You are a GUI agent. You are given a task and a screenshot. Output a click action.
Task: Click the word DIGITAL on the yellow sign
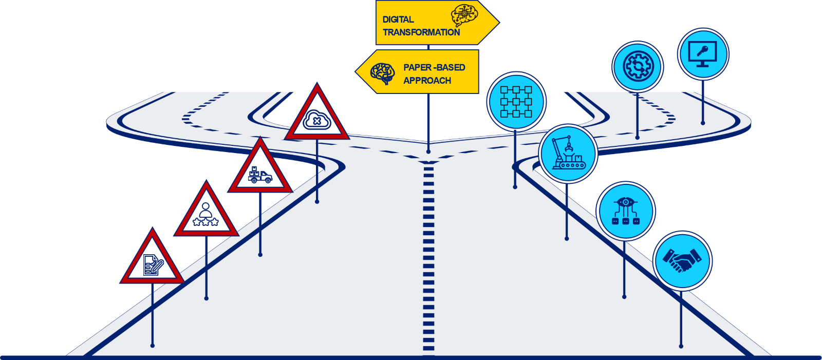(x=398, y=20)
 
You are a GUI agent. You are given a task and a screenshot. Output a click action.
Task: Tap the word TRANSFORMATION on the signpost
(x=421, y=32)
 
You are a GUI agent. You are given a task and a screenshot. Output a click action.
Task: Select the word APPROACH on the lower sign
(x=427, y=81)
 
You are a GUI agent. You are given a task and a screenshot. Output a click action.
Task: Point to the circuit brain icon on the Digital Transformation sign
(x=464, y=15)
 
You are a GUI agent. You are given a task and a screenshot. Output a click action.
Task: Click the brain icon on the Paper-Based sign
(x=383, y=73)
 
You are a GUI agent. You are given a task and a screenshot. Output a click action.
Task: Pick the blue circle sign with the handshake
(x=682, y=260)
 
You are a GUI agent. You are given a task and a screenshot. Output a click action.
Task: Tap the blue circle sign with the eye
(x=625, y=211)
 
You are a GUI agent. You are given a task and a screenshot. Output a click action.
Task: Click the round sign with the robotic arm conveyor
(x=568, y=153)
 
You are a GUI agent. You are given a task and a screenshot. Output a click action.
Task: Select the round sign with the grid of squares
(x=516, y=101)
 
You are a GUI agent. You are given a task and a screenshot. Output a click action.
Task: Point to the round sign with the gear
(x=638, y=67)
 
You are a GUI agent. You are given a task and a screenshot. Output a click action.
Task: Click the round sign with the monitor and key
(x=703, y=54)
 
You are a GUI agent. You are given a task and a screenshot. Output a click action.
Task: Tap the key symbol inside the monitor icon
(x=702, y=50)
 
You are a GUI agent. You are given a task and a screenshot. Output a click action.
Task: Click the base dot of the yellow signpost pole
(x=428, y=151)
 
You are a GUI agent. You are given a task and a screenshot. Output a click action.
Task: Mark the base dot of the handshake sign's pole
(x=681, y=346)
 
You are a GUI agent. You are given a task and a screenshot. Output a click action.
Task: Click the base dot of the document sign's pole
(x=152, y=346)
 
